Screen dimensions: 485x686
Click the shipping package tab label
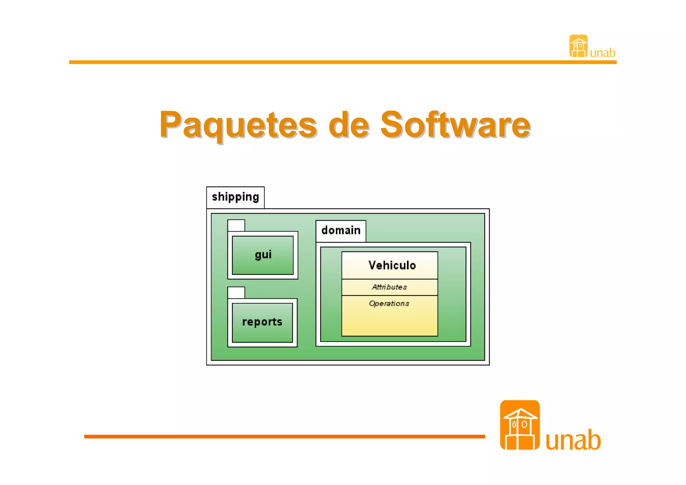coord(235,197)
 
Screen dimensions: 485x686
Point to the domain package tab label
coord(341,231)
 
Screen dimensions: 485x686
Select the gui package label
coord(263,255)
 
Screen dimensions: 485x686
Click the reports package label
coord(262,322)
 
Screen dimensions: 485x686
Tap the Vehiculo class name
coord(392,265)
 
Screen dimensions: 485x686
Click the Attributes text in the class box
coord(389,287)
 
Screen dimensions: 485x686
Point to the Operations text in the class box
coord(389,304)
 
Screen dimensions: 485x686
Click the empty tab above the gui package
coord(236,226)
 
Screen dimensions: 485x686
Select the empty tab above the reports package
coord(236,293)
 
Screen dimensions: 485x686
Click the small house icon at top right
coord(578,46)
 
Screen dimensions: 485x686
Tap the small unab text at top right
coord(602,53)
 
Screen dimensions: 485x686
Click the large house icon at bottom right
coord(520,425)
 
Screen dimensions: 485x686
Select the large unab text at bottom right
coord(573,440)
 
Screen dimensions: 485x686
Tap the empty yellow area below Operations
coord(389,322)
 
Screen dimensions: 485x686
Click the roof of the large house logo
coord(520,414)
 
